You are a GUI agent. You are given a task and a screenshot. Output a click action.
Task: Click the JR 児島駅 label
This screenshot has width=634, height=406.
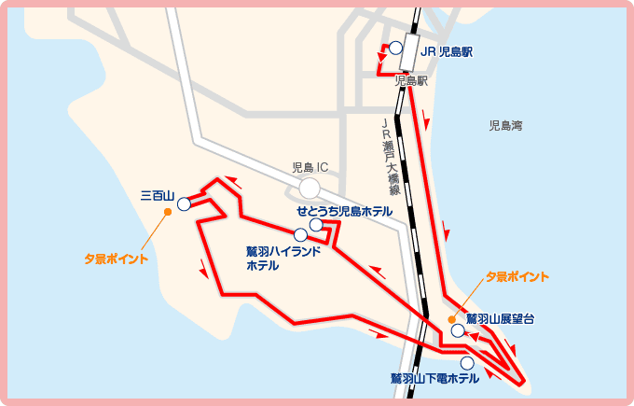447,51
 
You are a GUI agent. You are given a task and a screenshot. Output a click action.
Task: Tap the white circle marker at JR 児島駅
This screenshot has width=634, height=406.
395,48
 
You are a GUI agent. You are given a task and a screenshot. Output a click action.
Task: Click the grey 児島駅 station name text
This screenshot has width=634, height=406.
411,81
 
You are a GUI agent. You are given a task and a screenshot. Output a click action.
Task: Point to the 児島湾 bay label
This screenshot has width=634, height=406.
505,124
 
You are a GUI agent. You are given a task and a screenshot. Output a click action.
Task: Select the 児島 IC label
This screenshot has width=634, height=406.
310,168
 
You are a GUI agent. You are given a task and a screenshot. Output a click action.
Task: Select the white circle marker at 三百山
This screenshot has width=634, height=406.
184,203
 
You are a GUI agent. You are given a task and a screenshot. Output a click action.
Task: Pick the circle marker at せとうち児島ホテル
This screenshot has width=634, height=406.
316,225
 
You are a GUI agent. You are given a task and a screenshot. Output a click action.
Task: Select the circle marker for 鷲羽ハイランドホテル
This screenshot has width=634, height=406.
300,235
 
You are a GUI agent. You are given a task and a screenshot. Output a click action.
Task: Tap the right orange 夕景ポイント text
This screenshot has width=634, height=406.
517,277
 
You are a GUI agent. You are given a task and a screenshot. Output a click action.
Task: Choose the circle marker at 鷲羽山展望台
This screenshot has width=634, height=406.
457,330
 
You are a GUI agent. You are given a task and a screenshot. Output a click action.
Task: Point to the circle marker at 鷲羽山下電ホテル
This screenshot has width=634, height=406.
466,363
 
